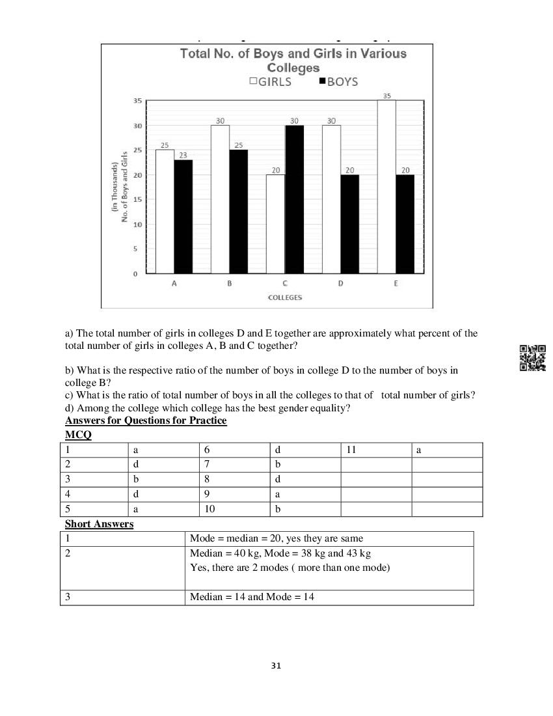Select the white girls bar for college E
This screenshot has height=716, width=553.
click(x=387, y=187)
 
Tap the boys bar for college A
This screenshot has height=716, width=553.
click(x=183, y=216)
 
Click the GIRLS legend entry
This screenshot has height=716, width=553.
click(x=270, y=82)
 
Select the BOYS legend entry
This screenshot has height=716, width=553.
click(x=338, y=82)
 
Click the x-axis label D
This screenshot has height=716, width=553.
click(x=340, y=284)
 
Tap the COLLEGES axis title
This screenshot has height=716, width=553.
click(x=285, y=297)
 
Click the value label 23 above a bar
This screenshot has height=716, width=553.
click(x=183, y=155)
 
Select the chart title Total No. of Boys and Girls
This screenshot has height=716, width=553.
click(x=293, y=60)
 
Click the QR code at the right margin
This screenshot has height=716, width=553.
click(x=532, y=357)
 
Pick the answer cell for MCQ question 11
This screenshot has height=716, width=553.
click(x=446, y=450)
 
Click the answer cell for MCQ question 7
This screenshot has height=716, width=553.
click(x=304, y=465)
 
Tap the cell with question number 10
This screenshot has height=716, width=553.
click(x=234, y=509)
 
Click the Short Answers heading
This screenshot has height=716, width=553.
click(x=99, y=524)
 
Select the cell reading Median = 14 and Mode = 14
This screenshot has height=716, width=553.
click(x=252, y=597)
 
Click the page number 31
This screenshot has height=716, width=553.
click(x=276, y=666)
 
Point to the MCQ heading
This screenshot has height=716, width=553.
click(x=78, y=435)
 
